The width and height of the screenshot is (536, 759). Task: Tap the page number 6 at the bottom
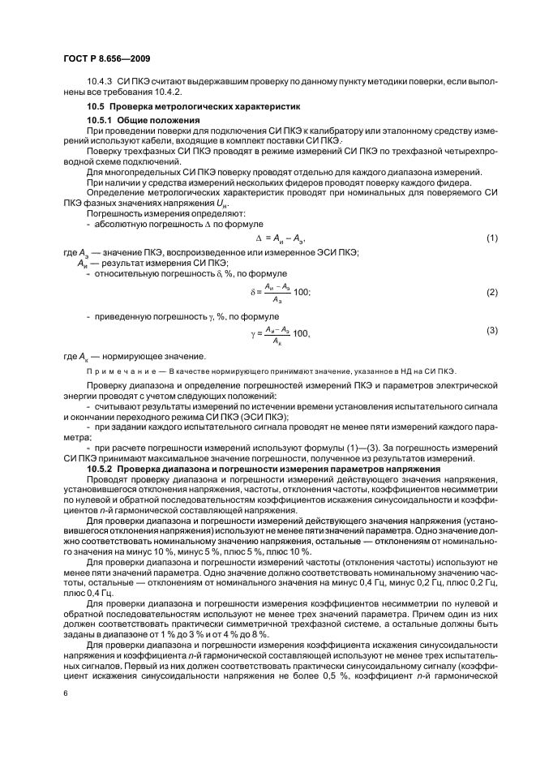coord(66,694)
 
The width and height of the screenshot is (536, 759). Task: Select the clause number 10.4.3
coord(100,84)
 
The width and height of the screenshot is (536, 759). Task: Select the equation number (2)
coord(491,291)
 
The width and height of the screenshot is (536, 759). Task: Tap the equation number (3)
coord(491,330)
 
